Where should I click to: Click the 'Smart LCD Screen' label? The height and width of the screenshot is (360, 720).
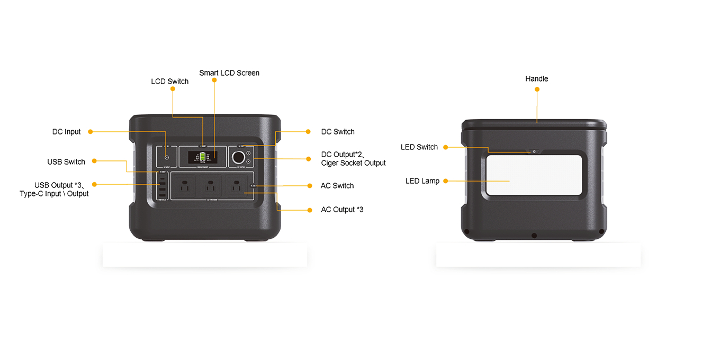point(229,73)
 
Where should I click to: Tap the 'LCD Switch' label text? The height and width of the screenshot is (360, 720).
point(169,82)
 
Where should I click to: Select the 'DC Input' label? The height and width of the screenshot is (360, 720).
point(66,132)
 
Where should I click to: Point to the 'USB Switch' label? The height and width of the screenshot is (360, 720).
point(66,162)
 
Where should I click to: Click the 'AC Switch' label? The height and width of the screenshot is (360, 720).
point(337,186)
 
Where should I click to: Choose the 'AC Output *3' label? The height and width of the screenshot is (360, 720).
point(342,210)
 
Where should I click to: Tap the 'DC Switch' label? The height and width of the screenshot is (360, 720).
point(338,132)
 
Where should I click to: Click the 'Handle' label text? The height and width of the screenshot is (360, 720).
point(536,79)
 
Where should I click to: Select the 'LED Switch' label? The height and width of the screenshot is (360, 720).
point(419,147)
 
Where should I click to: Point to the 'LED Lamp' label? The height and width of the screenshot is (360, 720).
point(422,181)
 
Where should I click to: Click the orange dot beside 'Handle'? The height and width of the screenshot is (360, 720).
point(537,89)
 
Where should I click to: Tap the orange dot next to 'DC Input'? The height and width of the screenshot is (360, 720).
point(90,131)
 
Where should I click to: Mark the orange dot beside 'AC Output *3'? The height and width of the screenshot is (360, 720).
point(310,210)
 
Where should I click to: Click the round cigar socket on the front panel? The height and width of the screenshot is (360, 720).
point(237,157)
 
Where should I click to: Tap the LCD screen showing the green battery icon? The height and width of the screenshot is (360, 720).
point(202,157)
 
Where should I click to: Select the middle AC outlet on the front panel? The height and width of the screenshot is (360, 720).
point(210,186)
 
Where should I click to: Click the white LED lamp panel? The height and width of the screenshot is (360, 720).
point(535,175)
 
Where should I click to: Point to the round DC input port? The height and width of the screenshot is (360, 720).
point(167,158)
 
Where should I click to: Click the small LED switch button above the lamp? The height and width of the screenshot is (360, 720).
point(534,151)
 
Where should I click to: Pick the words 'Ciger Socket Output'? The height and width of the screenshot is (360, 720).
point(353,163)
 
